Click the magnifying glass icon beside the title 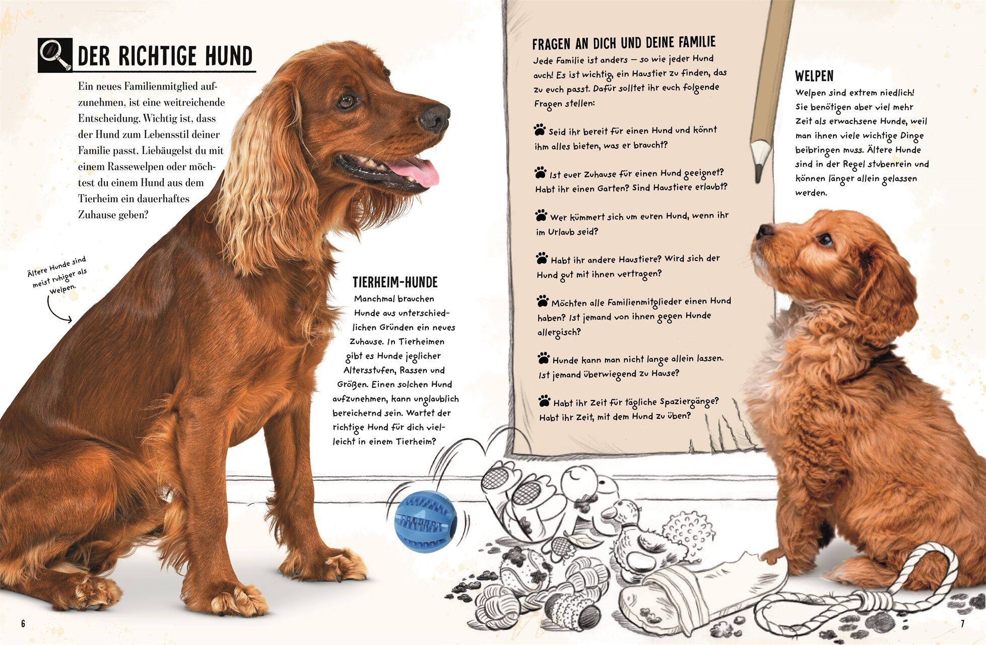[55, 55]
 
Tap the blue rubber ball [426, 522]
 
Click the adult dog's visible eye [346, 102]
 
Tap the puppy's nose [764, 231]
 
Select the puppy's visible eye [824, 239]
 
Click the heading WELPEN [814, 76]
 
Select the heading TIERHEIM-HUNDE [395, 282]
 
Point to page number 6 [23, 624]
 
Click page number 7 [962, 624]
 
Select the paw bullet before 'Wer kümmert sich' [541, 216]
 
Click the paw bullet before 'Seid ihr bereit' [540, 130]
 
